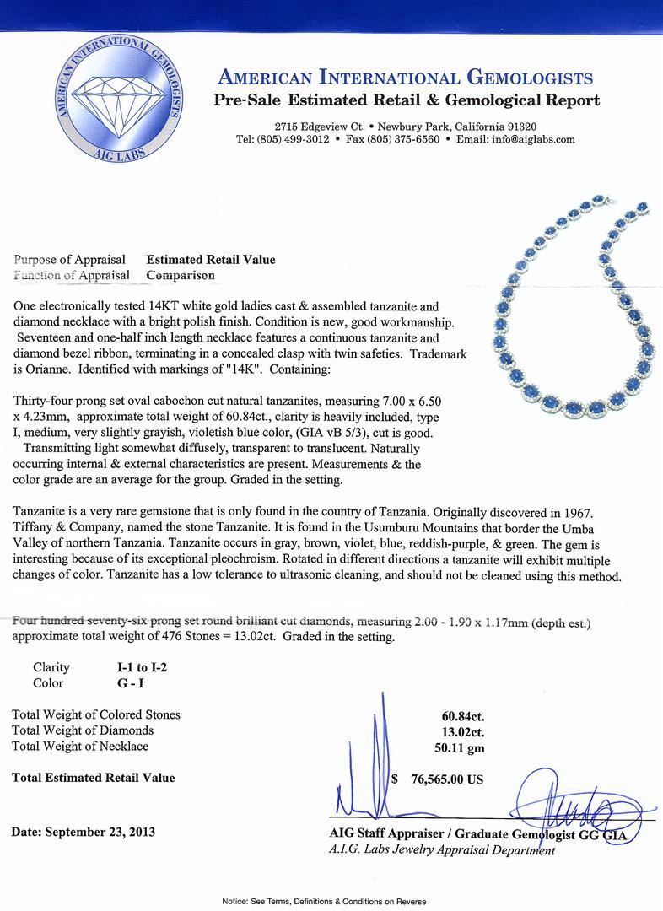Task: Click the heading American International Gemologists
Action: (x=405, y=78)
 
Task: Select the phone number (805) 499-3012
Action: (x=293, y=139)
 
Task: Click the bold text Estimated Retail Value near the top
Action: (x=211, y=260)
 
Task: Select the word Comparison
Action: (x=181, y=275)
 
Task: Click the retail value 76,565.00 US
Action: (x=443, y=779)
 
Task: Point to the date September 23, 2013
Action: (x=83, y=832)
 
